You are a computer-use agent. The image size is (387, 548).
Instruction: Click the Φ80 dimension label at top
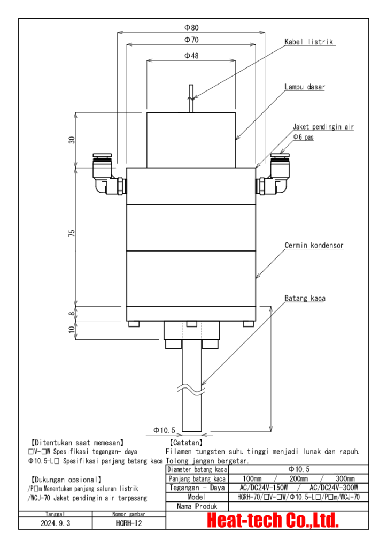point(191,28)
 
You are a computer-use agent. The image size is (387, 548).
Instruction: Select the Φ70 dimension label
point(191,40)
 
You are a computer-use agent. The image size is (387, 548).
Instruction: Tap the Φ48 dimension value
point(191,56)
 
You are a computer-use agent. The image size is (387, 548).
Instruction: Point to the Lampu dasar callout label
point(305,86)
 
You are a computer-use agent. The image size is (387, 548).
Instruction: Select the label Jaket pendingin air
point(323,127)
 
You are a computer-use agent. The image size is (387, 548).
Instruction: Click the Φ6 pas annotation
point(303,136)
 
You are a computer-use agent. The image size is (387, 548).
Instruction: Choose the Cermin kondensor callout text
point(313,246)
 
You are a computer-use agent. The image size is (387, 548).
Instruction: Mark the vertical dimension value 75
point(71,233)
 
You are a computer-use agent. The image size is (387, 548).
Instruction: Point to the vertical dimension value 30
point(71,140)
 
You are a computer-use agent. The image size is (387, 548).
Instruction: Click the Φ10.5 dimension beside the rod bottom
point(164,430)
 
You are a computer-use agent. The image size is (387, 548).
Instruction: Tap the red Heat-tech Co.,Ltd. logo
point(273,520)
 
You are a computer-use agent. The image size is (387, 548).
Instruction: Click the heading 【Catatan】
point(185,443)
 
